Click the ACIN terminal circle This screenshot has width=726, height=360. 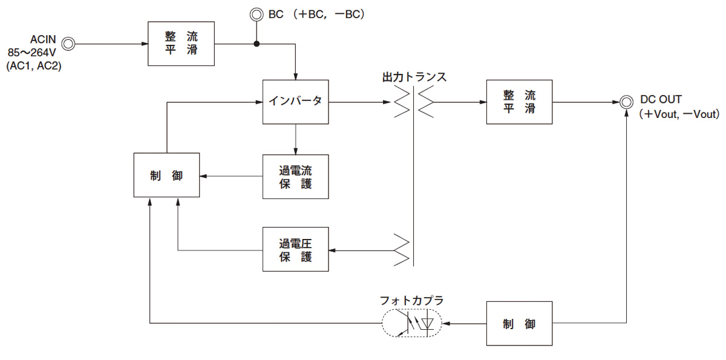click(68, 44)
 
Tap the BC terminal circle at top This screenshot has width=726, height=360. click(257, 13)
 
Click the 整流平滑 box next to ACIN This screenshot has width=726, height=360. click(181, 44)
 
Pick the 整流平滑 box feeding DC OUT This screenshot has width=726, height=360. click(519, 102)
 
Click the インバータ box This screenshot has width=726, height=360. click(295, 102)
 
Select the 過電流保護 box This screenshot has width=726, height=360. click(295, 176)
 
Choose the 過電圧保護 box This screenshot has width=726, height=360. click(295, 249)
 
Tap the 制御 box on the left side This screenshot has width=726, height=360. click(166, 175)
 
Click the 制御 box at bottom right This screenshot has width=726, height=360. click(519, 324)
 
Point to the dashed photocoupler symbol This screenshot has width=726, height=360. click(411, 324)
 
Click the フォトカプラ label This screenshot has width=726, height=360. click(411, 300)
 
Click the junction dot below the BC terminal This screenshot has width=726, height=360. click(257, 44)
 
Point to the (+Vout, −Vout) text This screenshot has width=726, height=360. click(678, 114)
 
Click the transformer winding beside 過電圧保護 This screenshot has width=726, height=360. click(402, 249)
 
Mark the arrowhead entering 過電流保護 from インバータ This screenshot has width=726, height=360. click(295, 151)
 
